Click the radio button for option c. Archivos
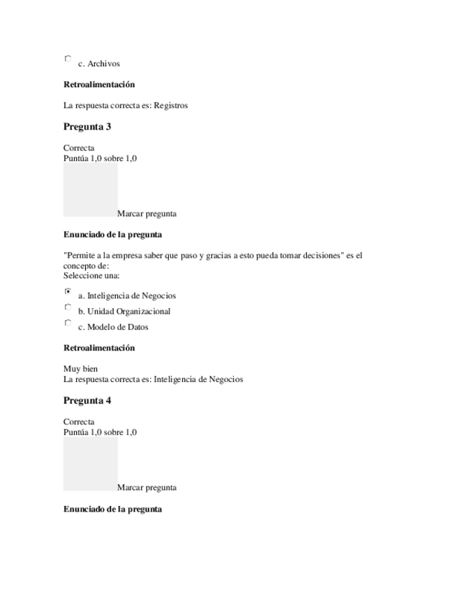pos(68,59)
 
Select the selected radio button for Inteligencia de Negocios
pos(68,291)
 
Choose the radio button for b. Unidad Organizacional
pos(68,307)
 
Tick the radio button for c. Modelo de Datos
pos(68,323)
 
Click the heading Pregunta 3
pos(87,127)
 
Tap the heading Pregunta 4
pos(87,401)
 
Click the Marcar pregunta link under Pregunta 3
pos(147,214)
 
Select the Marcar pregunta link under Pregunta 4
pos(147,488)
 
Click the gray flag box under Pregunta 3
pos(90,190)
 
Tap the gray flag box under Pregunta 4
pos(90,463)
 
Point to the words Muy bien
pos(80,369)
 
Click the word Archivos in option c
pos(103,64)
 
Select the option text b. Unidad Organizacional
pos(124,312)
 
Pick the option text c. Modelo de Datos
pos(113,328)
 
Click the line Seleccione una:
pos(91,275)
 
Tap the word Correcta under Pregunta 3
pos(79,148)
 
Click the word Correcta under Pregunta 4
pos(79,422)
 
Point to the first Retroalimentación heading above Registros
pos(99,85)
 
